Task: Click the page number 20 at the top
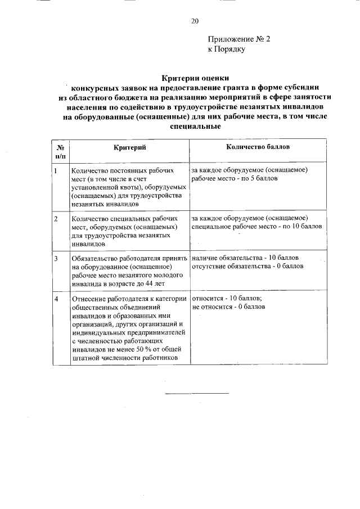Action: tap(195, 21)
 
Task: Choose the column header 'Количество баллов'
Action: tap(258, 147)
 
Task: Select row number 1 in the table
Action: tap(56, 170)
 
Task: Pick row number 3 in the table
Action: tap(56, 258)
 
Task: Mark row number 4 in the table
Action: tap(56, 298)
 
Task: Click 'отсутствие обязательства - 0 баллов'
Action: tap(247, 266)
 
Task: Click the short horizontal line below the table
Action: tap(196, 393)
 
